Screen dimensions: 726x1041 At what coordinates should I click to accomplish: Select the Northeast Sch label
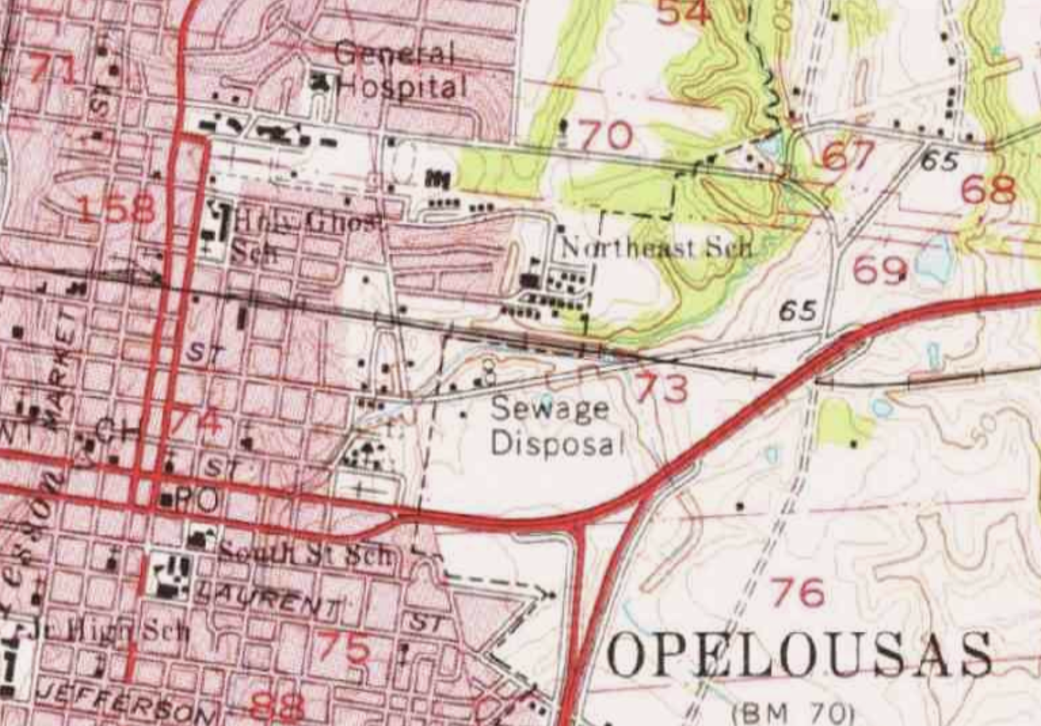click(656, 248)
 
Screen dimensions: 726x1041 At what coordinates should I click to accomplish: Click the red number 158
click(117, 210)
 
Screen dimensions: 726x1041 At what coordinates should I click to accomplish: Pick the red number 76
click(798, 592)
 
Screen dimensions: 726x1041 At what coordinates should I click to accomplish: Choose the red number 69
click(879, 270)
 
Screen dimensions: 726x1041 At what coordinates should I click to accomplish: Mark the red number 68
click(988, 190)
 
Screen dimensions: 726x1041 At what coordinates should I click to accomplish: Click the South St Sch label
click(305, 555)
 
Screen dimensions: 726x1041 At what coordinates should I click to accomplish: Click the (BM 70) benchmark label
click(792, 714)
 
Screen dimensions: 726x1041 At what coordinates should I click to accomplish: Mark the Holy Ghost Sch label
click(302, 234)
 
